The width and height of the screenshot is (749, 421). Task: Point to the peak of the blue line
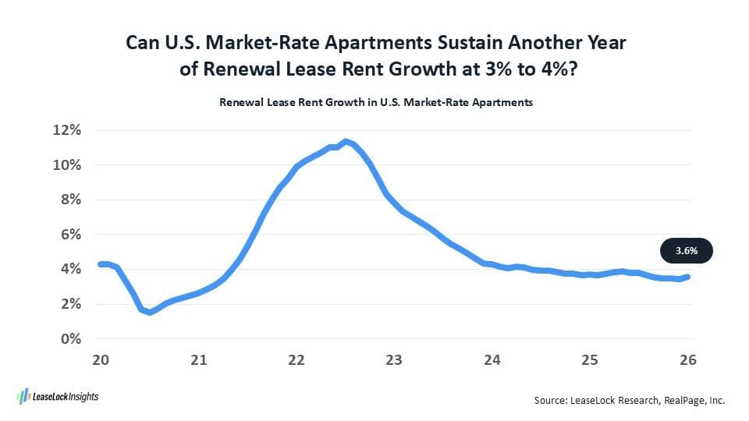(x=346, y=141)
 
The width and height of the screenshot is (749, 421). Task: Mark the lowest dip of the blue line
(x=150, y=312)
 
